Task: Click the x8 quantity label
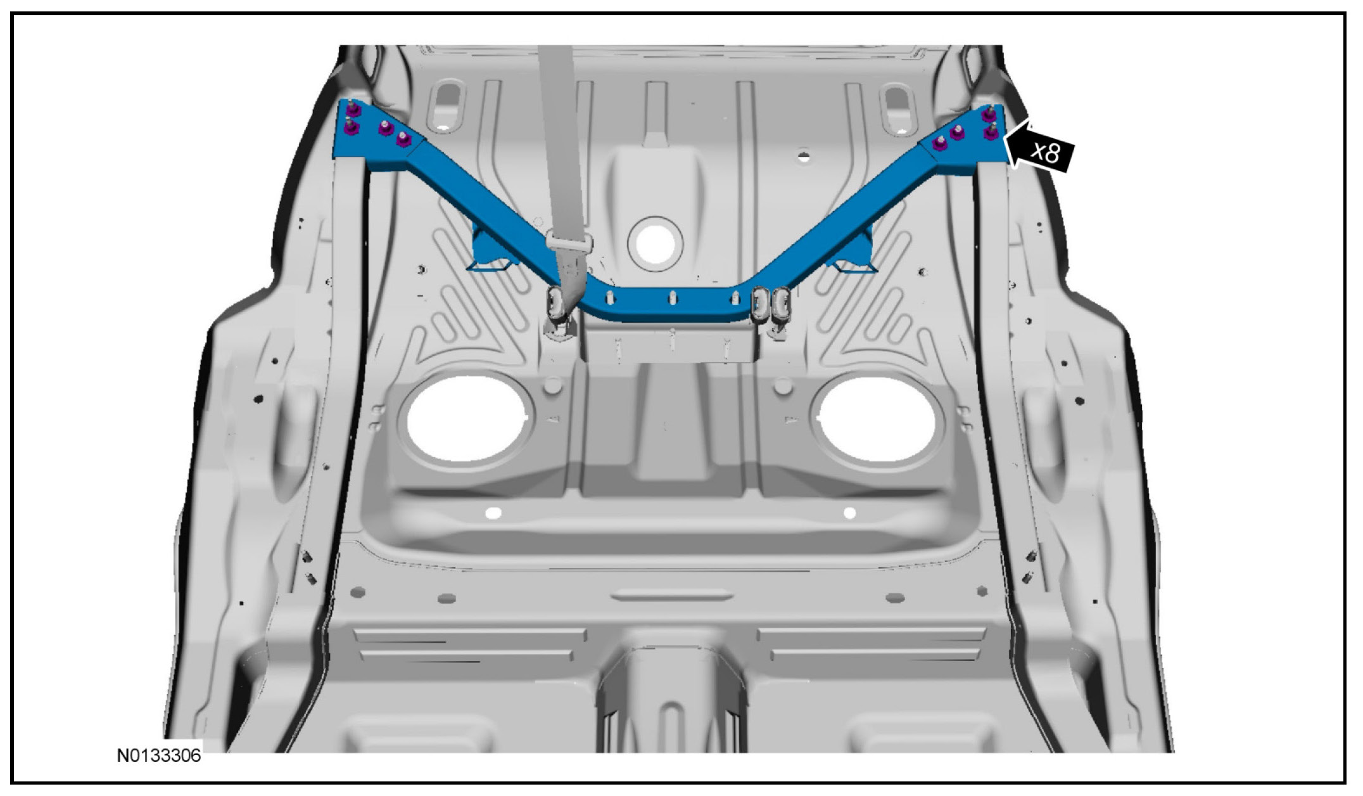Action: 1045,152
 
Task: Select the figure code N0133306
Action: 159,755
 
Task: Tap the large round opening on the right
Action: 877,418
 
